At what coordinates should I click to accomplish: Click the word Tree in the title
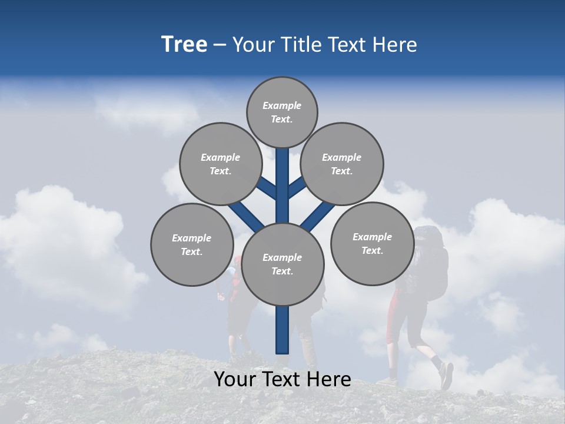pyautogui.click(x=184, y=45)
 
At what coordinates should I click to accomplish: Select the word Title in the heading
pyautogui.click(x=300, y=45)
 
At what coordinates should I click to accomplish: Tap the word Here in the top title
pyautogui.click(x=395, y=45)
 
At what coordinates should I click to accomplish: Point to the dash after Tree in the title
pyautogui.click(x=220, y=45)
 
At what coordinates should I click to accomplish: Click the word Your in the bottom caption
pyautogui.click(x=235, y=379)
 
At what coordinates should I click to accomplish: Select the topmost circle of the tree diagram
pyautogui.click(x=282, y=112)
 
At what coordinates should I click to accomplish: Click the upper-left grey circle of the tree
pyautogui.click(x=221, y=164)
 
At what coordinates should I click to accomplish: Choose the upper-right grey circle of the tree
pyautogui.click(x=342, y=164)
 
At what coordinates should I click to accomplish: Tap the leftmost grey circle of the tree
pyautogui.click(x=192, y=244)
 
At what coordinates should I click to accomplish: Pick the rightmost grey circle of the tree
pyautogui.click(x=372, y=243)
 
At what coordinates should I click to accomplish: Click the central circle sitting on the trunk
pyautogui.click(x=282, y=264)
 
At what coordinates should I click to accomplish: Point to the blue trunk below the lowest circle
pyautogui.click(x=282, y=330)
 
